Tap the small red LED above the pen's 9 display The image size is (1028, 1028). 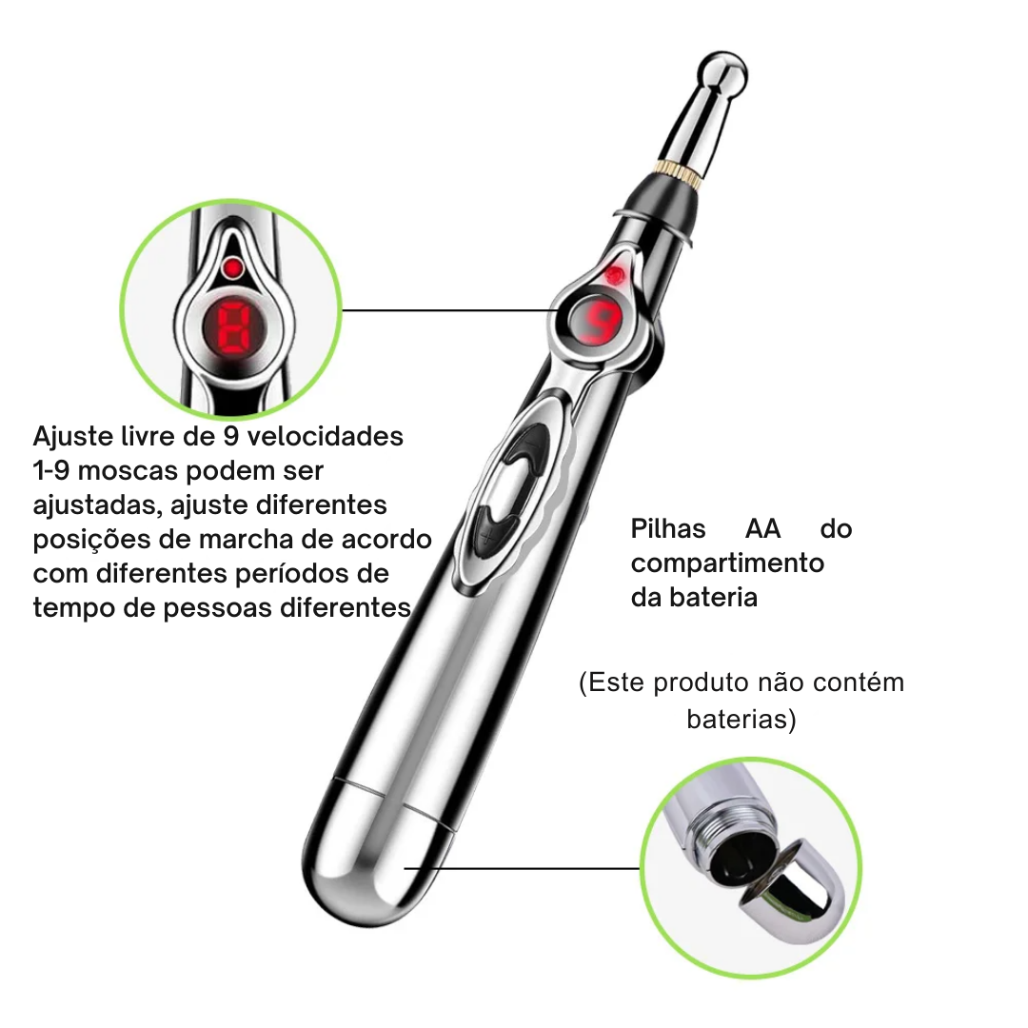tap(614, 275)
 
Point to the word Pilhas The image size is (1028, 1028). tap(668, 528)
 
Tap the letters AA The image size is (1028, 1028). tap(763, 528)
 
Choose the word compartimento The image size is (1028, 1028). tap(728, 563)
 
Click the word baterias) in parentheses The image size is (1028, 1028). tap(741, 720)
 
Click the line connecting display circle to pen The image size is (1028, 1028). tap(447, 310)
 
